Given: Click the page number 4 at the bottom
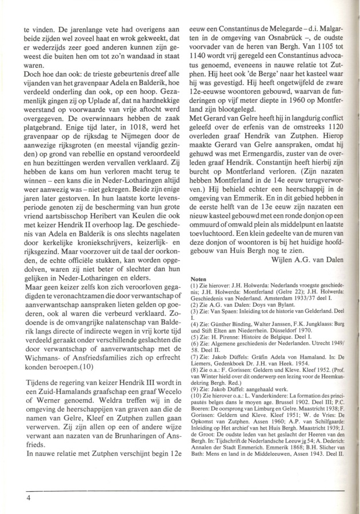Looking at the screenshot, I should [27, 498].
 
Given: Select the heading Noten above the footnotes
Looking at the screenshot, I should [198, 279].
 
